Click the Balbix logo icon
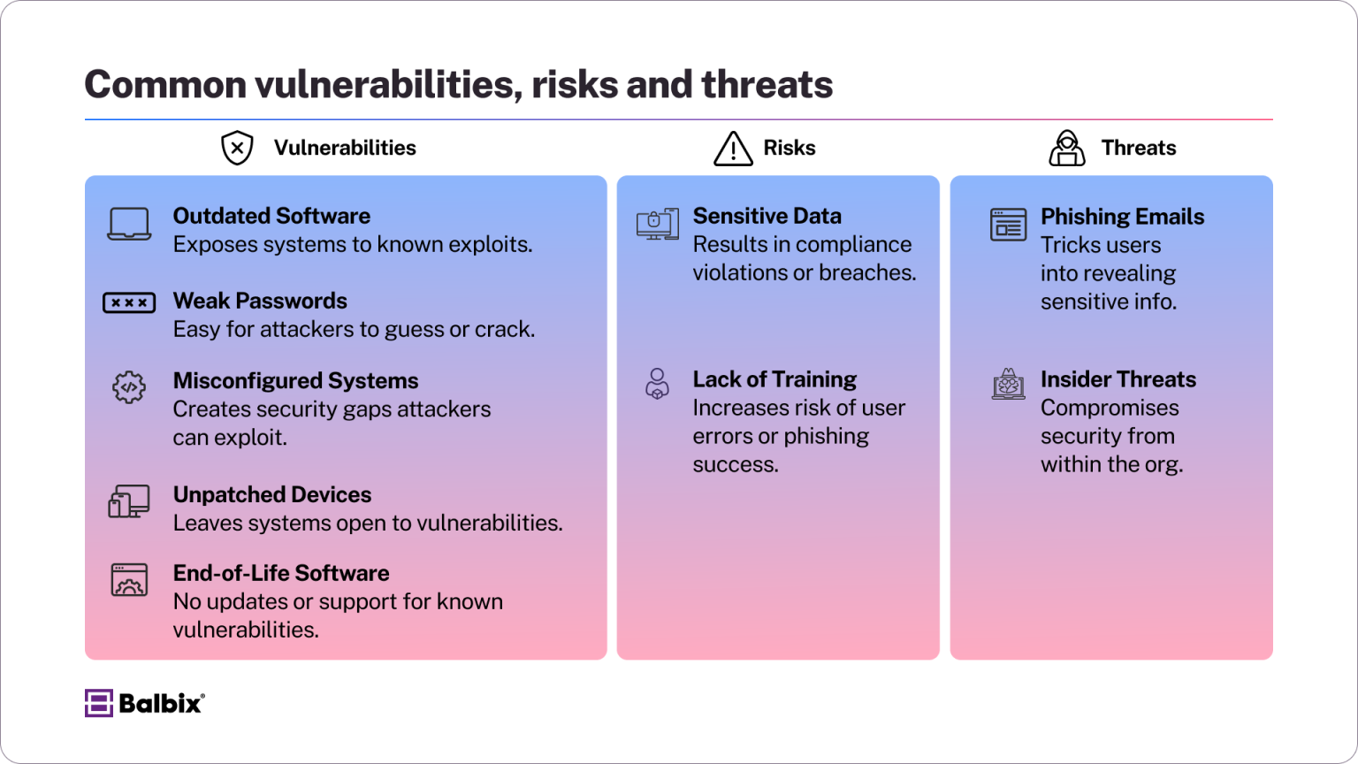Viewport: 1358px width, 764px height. pyautogui.click(x=98, y=703)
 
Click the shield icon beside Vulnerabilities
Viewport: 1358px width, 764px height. pyautogui.click(x=237, y=148)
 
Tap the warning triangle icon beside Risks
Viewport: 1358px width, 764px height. pyautogui.click(x=733, y=149)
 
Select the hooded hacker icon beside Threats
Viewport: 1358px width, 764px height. pyautogui.click(x=1067, y=148)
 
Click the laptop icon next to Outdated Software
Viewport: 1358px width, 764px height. pyautogui.click(x=129, y=224)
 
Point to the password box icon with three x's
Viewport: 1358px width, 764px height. pyautogui.click(x=129, y=302)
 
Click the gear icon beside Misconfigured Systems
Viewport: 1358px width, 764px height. pyautogui.click(x=129, y=386)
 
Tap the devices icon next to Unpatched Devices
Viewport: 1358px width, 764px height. pyautogui.click(x=129, y=501)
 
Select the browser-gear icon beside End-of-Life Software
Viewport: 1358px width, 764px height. pyautogui.click(x=129, y=580)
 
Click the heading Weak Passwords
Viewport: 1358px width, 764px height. pyautogui.click(x=260, y=301)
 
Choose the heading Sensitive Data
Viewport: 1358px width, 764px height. pyautogui.click(x=767, y=216)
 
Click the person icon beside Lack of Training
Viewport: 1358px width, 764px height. pyautogui.click(x=657, y=384)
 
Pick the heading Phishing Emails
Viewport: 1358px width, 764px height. pyautogui.click(x=1122, y=217)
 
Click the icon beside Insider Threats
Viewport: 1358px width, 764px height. pyautogui.click(x=1008, y=385)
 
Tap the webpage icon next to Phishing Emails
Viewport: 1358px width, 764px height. pyautogui.click(x=1008, y=225)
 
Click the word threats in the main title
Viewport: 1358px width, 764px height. pyautogui.click(x=767, y=85)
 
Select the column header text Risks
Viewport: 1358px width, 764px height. pyautogui.click(x=790, y=148)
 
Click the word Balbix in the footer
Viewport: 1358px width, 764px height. pyautogui.click(x=160, y=704)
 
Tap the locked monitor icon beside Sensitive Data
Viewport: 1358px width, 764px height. pyautogui.click(x=658, y=224)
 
